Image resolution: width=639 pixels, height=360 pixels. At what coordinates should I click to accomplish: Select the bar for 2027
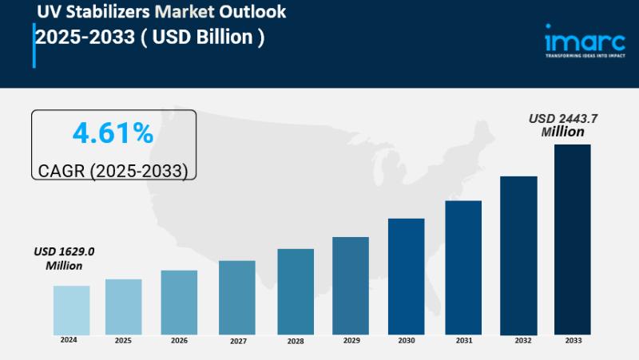[237, 297]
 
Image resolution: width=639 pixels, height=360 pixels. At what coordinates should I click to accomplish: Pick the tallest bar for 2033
[573, 239]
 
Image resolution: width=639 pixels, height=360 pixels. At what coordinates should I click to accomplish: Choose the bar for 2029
[351, 285]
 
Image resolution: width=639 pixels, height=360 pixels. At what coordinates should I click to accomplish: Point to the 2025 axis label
[123, 341]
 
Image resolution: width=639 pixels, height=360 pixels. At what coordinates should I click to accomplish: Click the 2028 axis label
[296, 341]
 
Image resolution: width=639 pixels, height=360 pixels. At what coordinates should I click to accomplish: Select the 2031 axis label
[463, 341]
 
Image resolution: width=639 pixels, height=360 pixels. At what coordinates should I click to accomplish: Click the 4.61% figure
[113, 133]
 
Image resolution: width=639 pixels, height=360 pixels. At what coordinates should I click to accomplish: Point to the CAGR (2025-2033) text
[113, 171]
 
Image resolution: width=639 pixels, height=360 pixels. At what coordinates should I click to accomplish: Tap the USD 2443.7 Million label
[563, 125]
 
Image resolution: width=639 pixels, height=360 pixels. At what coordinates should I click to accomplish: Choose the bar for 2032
[518, 255]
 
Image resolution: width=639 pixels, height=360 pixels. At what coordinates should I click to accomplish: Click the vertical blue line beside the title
[34, 45]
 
